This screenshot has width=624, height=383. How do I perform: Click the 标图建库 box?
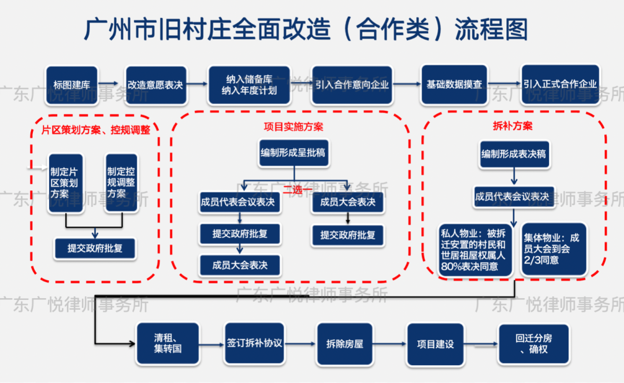[x=72, y=84]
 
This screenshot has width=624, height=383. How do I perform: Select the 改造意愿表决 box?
[x=155, y=84]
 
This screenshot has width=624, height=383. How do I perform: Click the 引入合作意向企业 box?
[x=352, y=84]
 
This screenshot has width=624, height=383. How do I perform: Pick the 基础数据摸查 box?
[x=454, y=84]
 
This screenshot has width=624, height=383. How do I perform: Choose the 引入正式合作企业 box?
[x=560, y=84]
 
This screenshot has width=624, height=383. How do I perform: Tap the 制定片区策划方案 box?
[x=65, y=183]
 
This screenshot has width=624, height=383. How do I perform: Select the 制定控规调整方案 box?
[x=121, y=183]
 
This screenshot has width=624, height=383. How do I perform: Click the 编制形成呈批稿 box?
[x=294, y=153]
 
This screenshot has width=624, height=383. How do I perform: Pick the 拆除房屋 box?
[x=344, y=344]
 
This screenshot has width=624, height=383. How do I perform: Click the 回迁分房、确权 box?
[x=533, y=344]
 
